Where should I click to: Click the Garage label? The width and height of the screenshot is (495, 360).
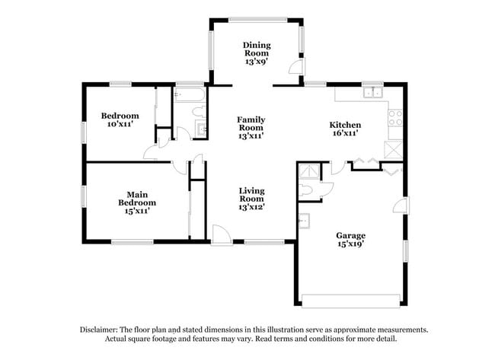(x=351, y=236)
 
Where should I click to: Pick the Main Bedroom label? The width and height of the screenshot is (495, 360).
(x=137, y=199)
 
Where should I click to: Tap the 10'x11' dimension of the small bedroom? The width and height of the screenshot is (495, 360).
(x=120, y=124)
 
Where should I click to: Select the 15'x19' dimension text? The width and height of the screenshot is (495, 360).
(x=351, y=244)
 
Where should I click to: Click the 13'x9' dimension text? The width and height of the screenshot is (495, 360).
(x=257, y=61)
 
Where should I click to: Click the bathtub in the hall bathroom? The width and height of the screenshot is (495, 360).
(x=188, y=97)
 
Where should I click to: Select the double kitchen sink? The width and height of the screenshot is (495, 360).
(x=373, y=94)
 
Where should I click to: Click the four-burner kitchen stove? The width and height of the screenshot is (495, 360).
(x=395, y=117)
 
